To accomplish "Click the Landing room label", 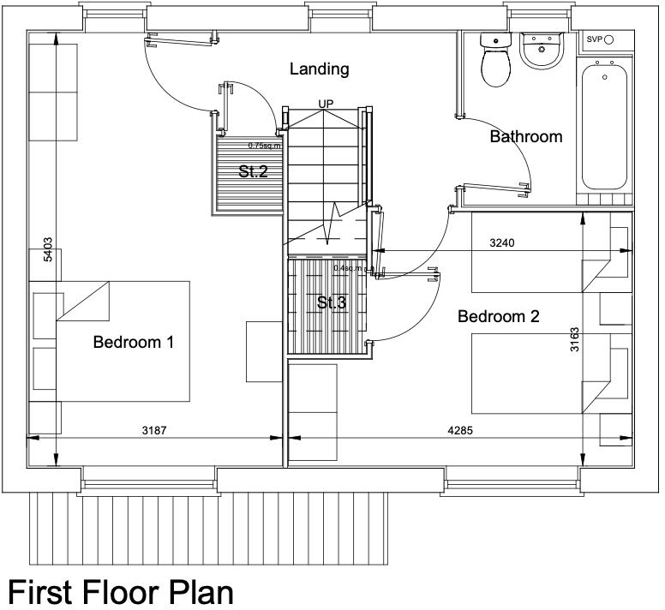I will [x=319, y=69].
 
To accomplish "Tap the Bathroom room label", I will [x=525, y=136].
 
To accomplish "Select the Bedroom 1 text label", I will [x=133, y=343].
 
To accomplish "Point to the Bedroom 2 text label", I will [x=498, y=317].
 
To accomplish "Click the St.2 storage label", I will [x=253, y=171].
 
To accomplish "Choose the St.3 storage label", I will [x=332, y=302].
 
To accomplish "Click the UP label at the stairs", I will [x=326, y=105].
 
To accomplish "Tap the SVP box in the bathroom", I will [x=595, y=40].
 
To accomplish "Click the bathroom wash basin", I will [x=541, y=51].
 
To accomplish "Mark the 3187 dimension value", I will [x=155, y=431].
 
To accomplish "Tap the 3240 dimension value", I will [x=502, y=243].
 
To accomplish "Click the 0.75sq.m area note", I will [x=262, y=146].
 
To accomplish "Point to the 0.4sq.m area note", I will [x=348, y=268].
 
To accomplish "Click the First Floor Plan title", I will [x=120, y=591].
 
